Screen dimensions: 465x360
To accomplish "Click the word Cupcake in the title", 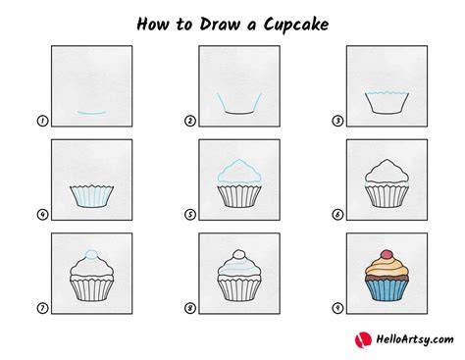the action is [x=296, y=25].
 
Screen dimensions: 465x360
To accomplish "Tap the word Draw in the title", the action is [x=220, y=25].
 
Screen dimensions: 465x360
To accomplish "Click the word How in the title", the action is [x=152, y=25].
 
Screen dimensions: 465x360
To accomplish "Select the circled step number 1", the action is [x=42, y=121].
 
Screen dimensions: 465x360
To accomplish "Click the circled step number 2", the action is [x=190, y=121].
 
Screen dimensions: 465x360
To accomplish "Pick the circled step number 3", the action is [x=337, y=121].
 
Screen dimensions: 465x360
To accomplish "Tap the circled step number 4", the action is [x=42, y=215].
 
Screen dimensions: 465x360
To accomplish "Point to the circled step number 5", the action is [x=190, y=215].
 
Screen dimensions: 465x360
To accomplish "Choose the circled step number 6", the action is [x=337, y=215].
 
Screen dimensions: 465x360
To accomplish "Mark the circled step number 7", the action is [x=42, y=308].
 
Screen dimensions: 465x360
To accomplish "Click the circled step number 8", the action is [x=190, y=308].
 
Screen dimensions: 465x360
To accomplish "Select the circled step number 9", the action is [x=337, y=308].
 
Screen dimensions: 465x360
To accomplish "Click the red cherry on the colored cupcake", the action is [x=387, y=254].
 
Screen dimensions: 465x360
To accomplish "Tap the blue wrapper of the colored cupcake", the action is [x=387, y=290].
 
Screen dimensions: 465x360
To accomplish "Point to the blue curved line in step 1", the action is [x=91, y=113].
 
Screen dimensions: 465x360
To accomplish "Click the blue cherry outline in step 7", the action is [x=91, y=254].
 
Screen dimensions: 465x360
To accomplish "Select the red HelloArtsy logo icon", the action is [x=363, y=339].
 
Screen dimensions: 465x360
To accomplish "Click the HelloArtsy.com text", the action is [x=415, y=339].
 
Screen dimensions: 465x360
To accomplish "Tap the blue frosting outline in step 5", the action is [x=239, y=160].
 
